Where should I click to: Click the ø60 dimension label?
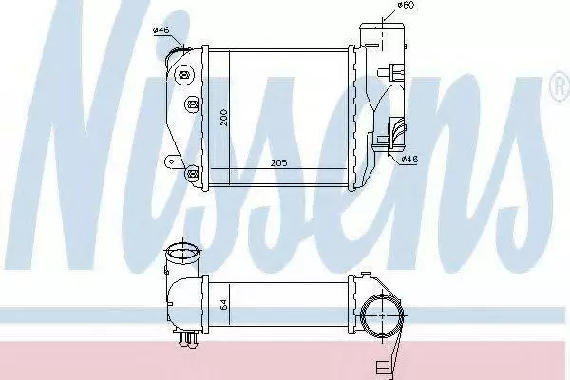pos(406,5)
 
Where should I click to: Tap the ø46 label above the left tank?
pos(161,30)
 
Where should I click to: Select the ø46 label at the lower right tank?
pos(409,159)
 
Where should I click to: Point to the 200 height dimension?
pos(223,117)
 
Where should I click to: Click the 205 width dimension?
pos(278,162)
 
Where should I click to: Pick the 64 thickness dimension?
pos(223,304)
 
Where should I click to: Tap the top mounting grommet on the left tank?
pos(184,76)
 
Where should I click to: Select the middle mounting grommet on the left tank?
pos(192,104)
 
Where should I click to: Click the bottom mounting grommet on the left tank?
pos(192,173)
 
